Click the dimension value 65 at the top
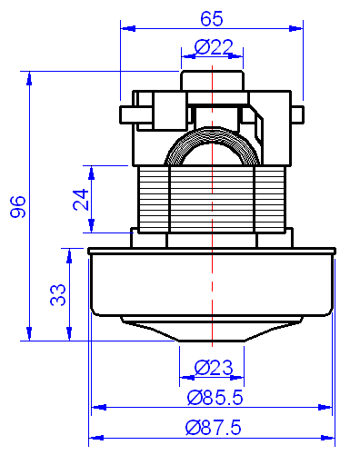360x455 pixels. point(212,17)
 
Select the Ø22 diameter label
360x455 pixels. point(214,47)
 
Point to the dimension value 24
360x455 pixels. point(81,200)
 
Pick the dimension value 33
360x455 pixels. point(57,294)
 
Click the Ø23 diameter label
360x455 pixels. point(214,368)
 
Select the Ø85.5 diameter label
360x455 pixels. point(214,397)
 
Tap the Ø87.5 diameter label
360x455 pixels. point(214,427)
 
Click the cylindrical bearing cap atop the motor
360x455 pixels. point(214,79)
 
